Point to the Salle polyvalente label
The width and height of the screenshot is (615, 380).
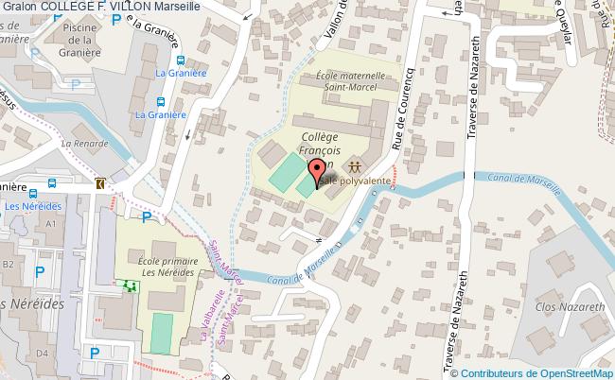(352, 178)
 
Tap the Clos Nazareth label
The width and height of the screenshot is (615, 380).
(570, 308)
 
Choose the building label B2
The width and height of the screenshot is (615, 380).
(8, 265)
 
